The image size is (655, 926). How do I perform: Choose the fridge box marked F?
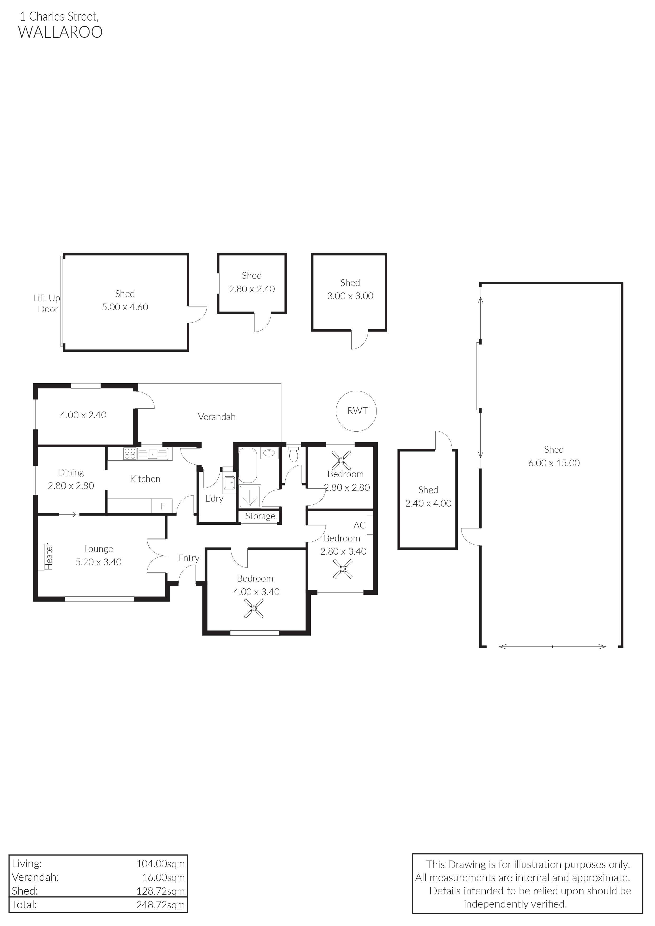(162, 506)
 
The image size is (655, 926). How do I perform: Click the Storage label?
(260, 516)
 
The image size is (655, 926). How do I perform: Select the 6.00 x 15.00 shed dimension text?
(554, 463)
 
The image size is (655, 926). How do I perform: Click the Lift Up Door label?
(47, 303)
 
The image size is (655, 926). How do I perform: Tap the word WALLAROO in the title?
(60, 32)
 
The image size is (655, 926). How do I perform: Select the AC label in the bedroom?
(359, 525)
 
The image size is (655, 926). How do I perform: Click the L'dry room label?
(214, 498)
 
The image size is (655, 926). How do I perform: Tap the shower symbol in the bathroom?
(250, 496)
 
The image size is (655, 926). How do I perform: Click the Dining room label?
(71, 472)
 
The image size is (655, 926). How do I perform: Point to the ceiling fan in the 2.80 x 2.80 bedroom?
(341, 460)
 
